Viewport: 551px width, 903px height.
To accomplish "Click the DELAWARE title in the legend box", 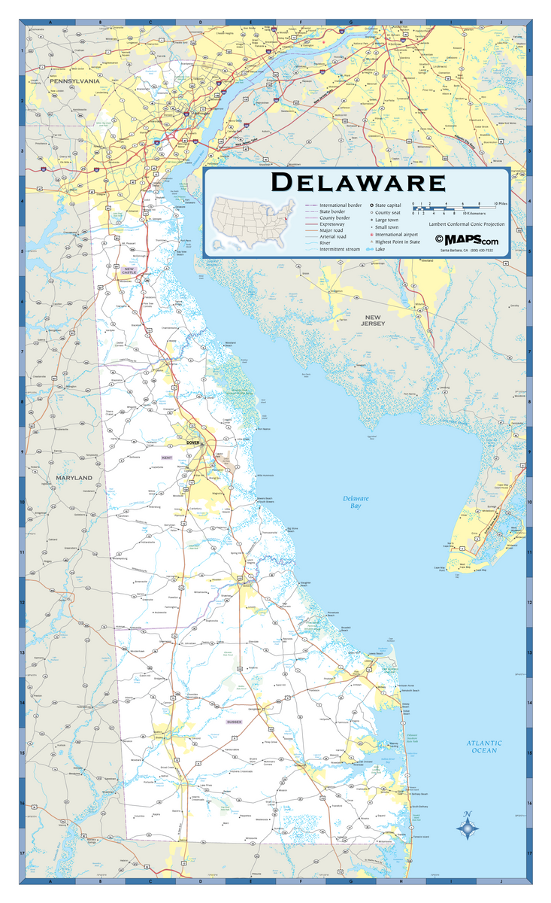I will click(358, 182).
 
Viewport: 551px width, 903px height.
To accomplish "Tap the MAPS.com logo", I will click(466, 239).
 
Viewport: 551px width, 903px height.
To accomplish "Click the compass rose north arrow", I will click(468, 827).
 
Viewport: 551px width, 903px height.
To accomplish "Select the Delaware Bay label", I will click(356, 503).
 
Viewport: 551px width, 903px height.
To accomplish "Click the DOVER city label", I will click(192, 443).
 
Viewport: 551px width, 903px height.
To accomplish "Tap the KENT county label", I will click(167, 458).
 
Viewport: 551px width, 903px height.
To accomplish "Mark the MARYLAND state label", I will click(73, 478).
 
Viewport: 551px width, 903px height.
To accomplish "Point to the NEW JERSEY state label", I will click(375, 320).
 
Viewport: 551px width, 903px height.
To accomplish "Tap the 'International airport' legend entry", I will click(396, 234).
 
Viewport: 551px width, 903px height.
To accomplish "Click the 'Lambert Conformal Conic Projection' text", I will click(466, 224).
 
